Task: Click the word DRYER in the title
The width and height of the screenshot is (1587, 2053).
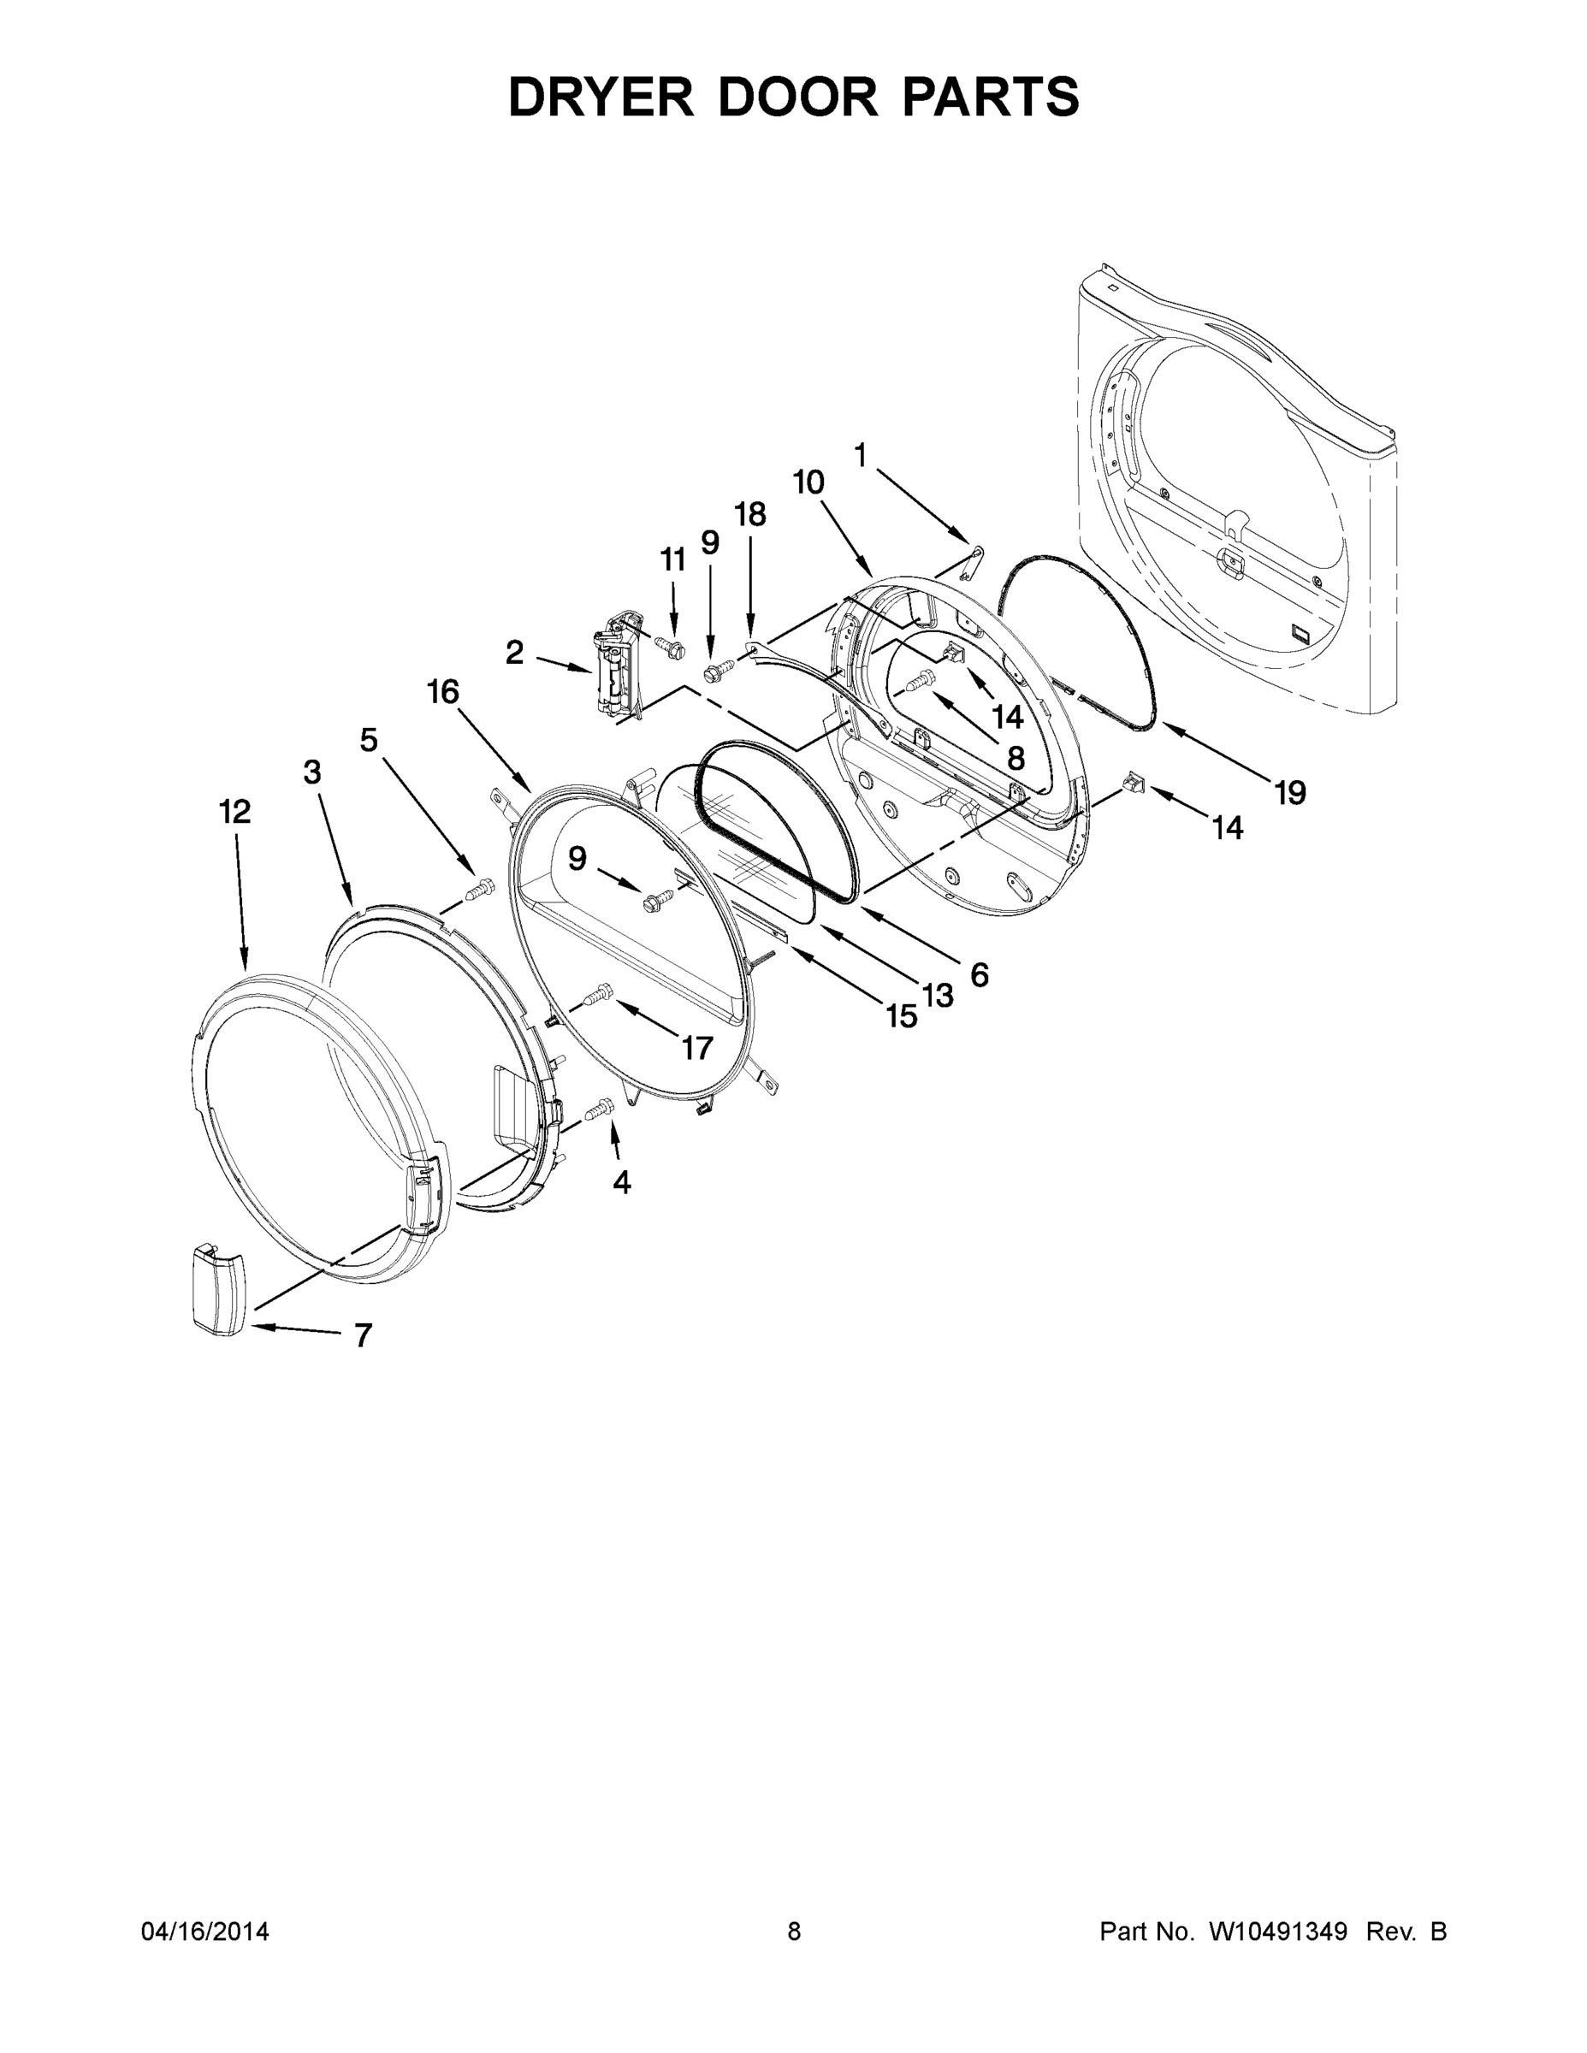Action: click(601, 97)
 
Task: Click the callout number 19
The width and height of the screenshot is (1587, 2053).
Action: click(1290, 793)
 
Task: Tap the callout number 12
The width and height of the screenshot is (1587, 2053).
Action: click(235, 811)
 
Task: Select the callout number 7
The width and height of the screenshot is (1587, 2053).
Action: click(363, 1334)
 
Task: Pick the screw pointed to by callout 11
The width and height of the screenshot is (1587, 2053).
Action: click(671, 647)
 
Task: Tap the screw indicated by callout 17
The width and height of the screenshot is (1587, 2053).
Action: click(599, 994)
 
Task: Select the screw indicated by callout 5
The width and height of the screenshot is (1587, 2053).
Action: click(482, 886)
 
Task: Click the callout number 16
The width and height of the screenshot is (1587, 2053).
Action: click(443, 692)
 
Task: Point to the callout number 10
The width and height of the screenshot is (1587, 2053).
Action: click(808, 482)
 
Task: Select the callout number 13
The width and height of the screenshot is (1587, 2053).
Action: click(939, 995)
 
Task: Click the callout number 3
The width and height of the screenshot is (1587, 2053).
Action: click(312, 772)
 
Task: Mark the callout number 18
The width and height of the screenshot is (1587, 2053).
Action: click(750, 514)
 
